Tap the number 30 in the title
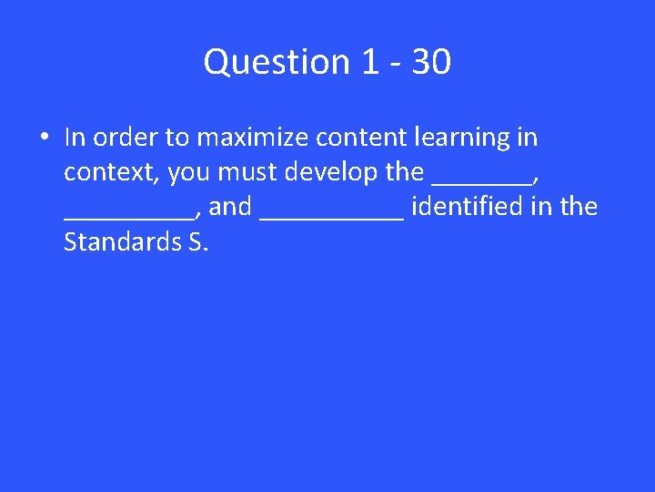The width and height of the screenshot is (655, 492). coord(431,63)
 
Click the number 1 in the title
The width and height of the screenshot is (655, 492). coord(368,63)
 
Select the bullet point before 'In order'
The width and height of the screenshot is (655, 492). coord(43,138)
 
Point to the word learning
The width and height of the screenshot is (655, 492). coord(461,138)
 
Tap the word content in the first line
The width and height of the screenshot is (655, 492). coord(359,138)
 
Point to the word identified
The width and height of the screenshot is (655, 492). coord(467,207)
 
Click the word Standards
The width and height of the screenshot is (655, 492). coord(114,241)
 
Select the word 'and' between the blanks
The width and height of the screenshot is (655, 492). coord(230,207)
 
